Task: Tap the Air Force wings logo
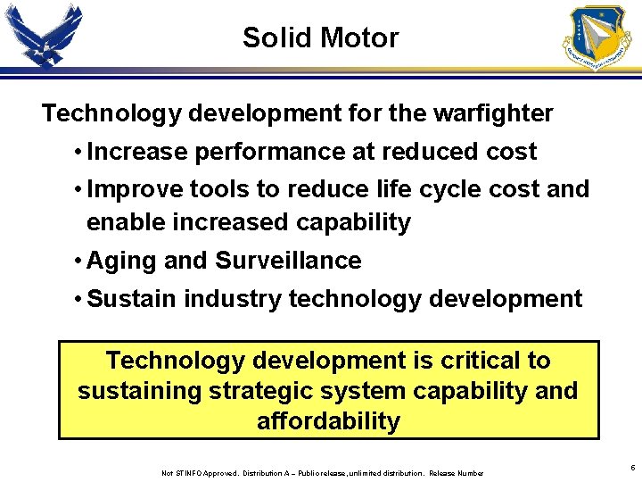44,37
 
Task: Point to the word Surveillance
288,262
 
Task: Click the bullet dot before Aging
79,262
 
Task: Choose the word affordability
328,421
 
